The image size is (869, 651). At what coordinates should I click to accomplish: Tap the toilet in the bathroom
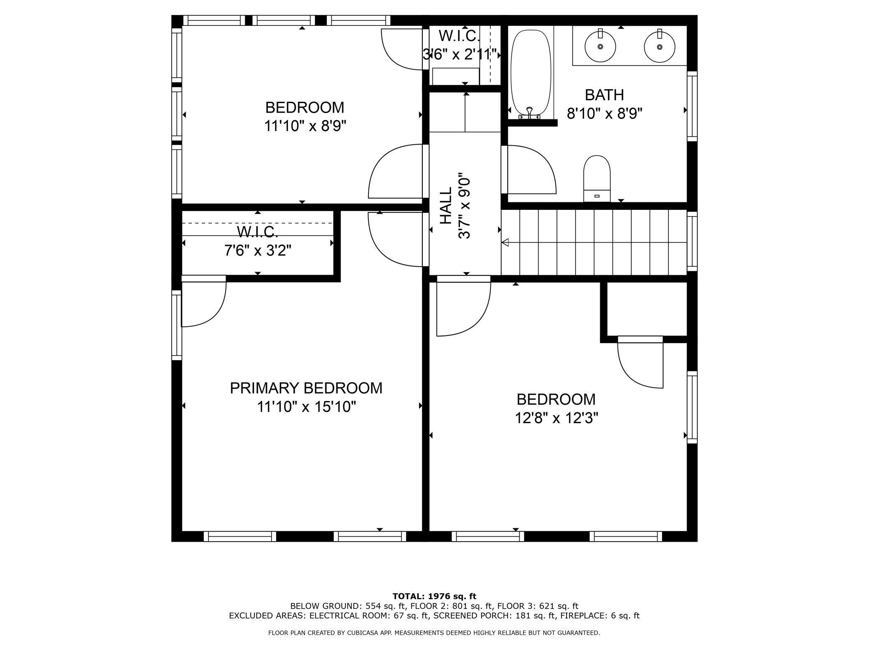597,179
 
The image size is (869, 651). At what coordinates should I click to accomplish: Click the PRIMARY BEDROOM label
306,388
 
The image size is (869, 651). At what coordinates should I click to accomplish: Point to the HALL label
446,205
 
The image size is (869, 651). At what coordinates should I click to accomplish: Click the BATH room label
604,95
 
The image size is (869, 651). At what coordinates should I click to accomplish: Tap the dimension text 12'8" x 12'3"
556,418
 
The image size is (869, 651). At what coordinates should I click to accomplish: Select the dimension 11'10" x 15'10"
306,406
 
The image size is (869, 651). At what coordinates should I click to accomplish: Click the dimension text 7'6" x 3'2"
258,251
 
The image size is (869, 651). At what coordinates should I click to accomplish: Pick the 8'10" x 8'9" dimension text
604,114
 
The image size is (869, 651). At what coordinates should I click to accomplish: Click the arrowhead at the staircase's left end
505,242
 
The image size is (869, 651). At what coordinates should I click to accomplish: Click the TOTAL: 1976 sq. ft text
434,596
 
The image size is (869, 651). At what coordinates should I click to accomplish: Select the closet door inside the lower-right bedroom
640,362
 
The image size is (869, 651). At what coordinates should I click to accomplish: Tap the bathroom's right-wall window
692,106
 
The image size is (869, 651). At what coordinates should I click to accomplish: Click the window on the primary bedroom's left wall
177,325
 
